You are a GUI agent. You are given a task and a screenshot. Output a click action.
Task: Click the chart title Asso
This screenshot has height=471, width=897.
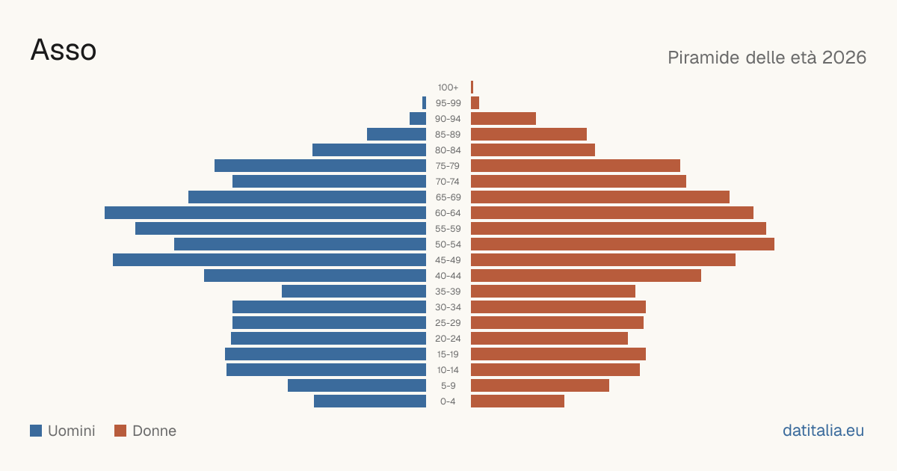64,50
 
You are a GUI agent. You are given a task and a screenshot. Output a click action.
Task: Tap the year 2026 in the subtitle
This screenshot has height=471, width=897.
844,58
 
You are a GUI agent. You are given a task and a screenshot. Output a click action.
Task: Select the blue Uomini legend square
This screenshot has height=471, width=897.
36,431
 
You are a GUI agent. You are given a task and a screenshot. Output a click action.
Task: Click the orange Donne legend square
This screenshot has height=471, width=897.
120,431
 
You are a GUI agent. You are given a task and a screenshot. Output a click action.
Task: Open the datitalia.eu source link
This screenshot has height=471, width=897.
823,431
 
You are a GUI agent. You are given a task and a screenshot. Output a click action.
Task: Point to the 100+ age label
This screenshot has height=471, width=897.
448,87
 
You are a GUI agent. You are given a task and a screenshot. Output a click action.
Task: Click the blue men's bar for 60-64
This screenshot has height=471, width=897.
265,212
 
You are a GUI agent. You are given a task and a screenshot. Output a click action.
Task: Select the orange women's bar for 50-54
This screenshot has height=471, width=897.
623,244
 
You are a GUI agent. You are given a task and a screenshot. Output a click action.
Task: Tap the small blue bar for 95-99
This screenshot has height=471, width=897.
424,103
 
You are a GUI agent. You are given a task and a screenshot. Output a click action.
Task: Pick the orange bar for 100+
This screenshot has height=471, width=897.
472,87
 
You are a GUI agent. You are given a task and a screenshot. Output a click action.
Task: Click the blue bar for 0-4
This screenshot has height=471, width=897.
370,401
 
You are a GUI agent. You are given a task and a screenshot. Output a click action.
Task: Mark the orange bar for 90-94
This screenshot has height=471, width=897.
503,119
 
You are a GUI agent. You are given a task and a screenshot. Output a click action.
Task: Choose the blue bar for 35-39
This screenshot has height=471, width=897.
354,291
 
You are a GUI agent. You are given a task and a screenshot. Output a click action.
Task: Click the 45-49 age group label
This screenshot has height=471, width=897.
448,260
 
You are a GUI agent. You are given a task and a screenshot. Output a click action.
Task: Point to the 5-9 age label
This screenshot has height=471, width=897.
448,386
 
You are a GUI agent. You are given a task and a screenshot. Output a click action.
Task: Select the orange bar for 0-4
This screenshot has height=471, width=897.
517,401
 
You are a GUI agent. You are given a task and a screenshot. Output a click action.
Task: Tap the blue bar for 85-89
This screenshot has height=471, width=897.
396,134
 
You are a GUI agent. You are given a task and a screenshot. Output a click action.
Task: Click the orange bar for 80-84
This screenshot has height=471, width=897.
533,150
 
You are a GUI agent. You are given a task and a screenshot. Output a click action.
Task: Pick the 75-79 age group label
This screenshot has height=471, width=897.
448,166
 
